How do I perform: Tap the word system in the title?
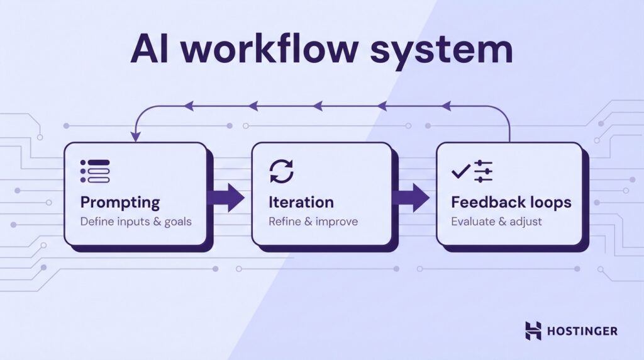tap(441, 50)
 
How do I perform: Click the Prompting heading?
tap(120, 203)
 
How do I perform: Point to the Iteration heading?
tap(301, 203)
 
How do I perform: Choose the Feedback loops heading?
tap(511, 203)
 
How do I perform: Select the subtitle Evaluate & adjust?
tap(496, 222)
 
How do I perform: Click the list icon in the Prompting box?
tap(95, 171)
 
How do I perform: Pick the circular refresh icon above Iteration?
tap(281, 171)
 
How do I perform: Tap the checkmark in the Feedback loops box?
tap(460, 171)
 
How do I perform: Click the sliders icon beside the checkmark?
tap(483, 171)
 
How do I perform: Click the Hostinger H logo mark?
tap(533, 330)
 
